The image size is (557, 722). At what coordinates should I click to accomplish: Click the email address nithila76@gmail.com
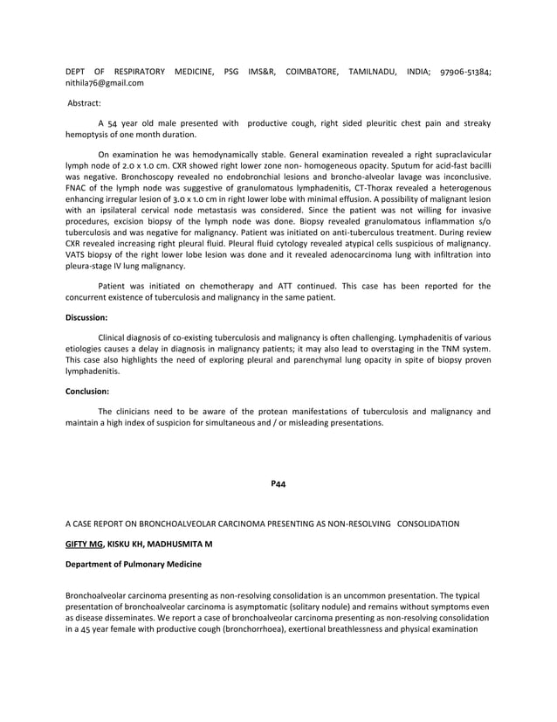tap(105, 83)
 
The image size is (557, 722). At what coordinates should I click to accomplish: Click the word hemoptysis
tap(90, 135)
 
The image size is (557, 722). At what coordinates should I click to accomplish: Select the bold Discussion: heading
tap(87, 317)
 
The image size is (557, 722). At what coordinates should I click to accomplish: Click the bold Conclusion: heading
tap(88, 391)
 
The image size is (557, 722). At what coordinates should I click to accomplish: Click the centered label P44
tap(278, 482)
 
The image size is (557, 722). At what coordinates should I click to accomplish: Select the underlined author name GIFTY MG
tap(85, 543)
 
